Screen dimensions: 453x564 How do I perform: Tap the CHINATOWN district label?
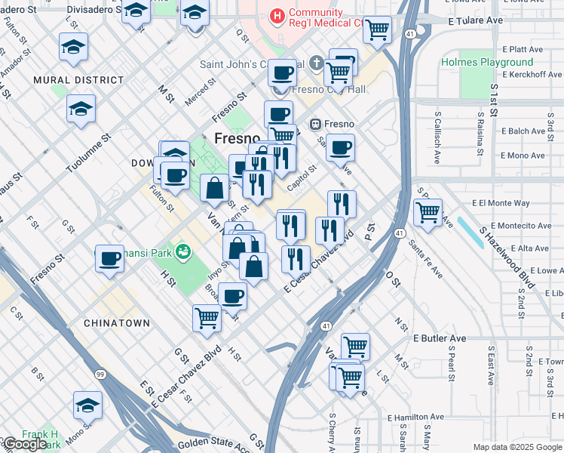(117, 323)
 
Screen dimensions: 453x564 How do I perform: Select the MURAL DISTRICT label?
(78, 79)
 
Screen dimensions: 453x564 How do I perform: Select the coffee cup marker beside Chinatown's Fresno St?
(109, 259)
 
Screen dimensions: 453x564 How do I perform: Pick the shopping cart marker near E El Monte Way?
(428, 211)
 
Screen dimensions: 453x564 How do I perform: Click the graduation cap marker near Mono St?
(87, 405)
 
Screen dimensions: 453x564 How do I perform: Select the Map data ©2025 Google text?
(517, 447)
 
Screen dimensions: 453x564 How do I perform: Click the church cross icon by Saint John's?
(317, 63)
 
